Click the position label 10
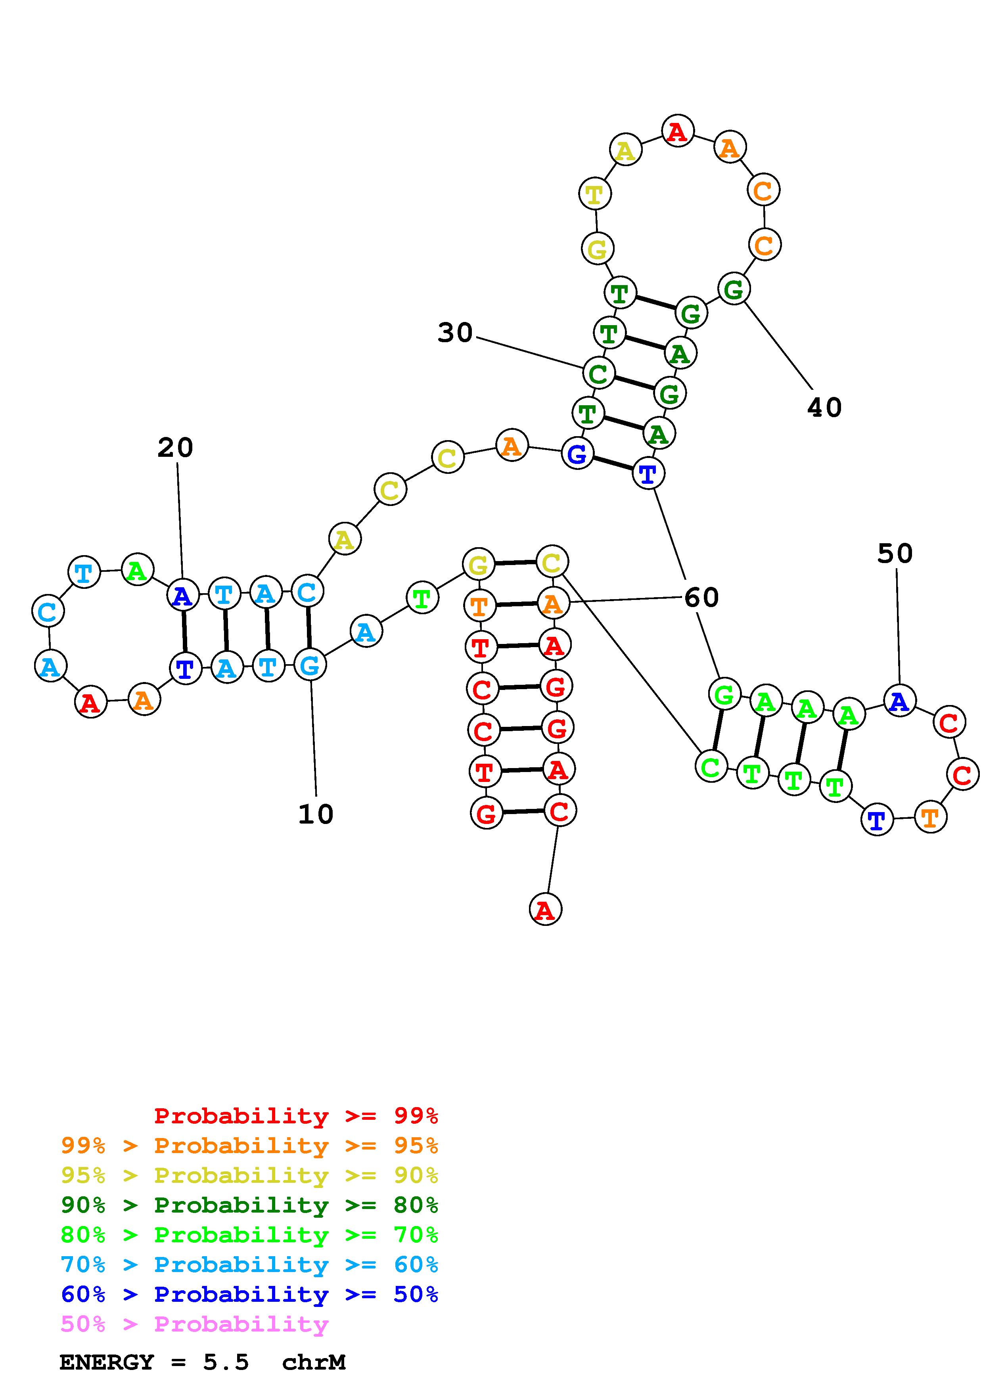point(316,814)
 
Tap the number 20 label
point(175,448)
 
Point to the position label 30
point(455,333)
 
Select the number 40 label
point(824,408)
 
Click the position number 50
point(895,554)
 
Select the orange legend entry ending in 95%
point(249,1146)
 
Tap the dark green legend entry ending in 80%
point(249,1205)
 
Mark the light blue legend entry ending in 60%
point(249,1265)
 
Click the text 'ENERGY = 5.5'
point(154,1362)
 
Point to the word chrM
point(314,1362)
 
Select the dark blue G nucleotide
point(577,454)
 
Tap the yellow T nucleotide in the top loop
point(595,194)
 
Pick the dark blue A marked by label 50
point(899,701)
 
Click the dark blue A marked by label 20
point(182,596)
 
